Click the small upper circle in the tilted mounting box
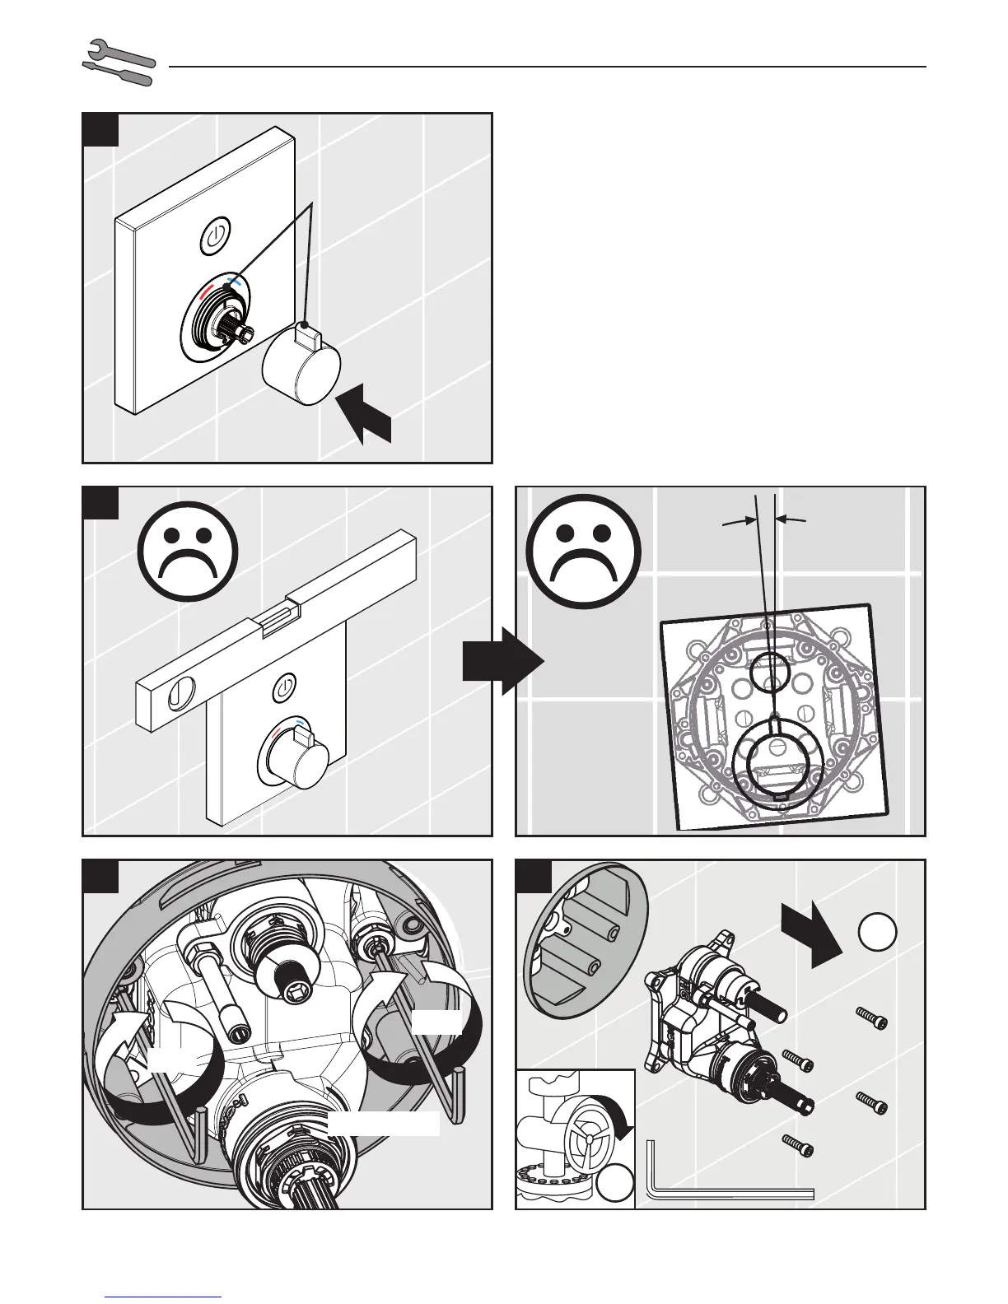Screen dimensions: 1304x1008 [x=770, y=671]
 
